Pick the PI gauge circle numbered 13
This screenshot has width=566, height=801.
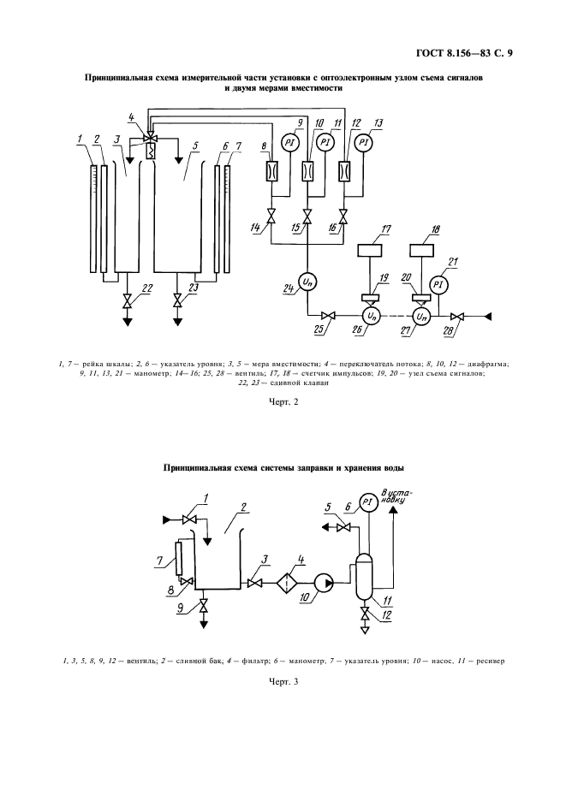point(364,142)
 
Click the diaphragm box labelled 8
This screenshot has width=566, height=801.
point(271,171)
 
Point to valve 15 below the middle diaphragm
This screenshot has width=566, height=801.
point(307,218)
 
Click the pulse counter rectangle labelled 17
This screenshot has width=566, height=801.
point(372,254)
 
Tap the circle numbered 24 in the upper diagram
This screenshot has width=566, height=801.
point(307,283)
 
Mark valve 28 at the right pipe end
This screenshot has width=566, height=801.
point(458,316)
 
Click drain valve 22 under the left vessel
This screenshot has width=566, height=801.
point(128,301)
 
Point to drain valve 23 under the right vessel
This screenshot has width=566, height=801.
point(178,301)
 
